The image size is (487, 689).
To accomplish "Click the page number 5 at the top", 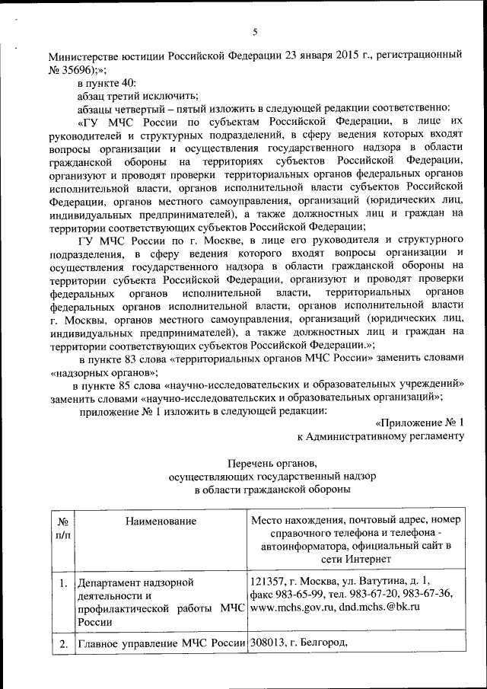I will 255,31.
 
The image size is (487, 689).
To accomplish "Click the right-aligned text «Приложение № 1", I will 419,423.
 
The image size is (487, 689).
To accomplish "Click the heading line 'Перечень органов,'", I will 270,463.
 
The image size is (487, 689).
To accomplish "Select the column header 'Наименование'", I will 161,521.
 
